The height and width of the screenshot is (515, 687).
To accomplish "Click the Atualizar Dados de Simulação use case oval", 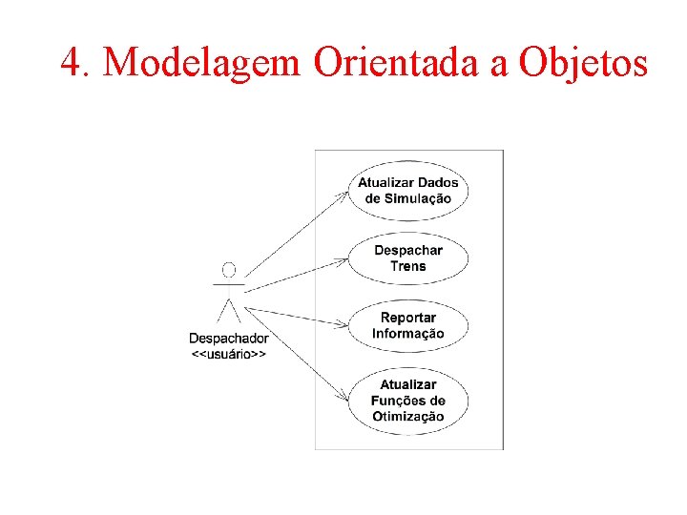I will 407,191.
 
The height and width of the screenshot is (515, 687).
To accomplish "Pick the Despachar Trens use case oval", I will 407,257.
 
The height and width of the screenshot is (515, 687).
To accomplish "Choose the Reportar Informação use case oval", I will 407,325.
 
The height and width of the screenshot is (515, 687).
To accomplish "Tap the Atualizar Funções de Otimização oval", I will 407,401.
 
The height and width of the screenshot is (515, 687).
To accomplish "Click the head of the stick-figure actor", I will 228,270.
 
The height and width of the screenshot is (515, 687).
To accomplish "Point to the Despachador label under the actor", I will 228,339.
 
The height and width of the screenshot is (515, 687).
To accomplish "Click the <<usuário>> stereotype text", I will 228,354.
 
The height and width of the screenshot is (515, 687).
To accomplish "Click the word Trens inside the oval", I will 407,266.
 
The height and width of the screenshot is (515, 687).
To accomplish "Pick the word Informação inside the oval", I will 407,334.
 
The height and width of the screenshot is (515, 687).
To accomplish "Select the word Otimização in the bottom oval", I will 407,416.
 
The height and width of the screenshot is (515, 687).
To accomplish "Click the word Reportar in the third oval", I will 407,318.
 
